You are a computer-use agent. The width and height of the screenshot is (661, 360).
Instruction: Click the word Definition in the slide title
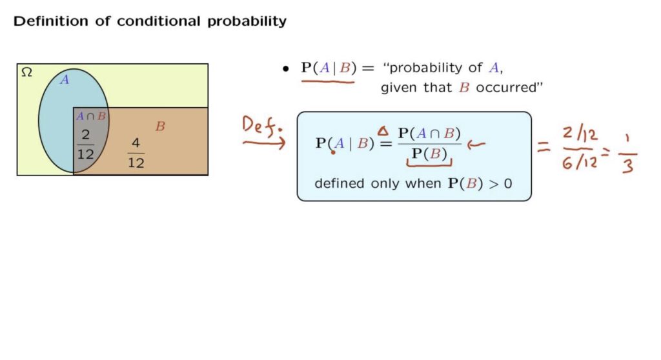click(51, 21)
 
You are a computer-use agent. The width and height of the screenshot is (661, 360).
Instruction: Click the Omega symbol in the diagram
click(26, 72)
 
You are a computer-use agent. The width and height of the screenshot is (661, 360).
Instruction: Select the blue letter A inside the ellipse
click(64, 79)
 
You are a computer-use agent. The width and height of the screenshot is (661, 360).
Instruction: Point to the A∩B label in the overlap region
click(90, 116)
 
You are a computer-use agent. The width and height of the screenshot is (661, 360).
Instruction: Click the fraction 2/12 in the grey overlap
click(86, 144)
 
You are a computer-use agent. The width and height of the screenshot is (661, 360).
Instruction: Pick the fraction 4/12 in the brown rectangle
click(136, 153)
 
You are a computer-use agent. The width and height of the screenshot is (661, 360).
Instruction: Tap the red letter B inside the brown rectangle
click(160, 126)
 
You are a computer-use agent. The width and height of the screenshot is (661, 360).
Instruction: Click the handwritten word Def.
click(262, 126)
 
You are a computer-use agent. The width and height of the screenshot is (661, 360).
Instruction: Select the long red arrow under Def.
click(264, 143)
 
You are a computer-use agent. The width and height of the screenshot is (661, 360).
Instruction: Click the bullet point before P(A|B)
click(286, 69)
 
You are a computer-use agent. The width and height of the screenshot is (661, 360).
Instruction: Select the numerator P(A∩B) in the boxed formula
click(429, 134)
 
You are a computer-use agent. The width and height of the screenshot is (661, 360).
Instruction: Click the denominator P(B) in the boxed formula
click(429, 154)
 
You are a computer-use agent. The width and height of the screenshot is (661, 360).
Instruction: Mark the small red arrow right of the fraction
click(476, 145)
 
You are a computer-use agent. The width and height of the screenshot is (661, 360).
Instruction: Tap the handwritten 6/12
click(580, 161)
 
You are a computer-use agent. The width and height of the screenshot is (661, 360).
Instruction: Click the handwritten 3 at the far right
click(627, 166)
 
